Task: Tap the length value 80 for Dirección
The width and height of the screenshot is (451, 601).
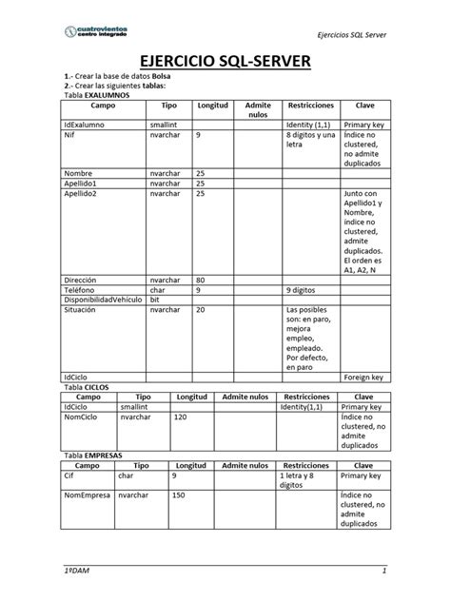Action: [x=201, y=280]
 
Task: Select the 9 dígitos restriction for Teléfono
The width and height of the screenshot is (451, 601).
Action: [x=304, y=289]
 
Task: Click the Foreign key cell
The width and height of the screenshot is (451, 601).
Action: [x=363, y=377]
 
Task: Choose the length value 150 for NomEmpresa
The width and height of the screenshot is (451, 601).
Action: [x=179, y=495]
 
